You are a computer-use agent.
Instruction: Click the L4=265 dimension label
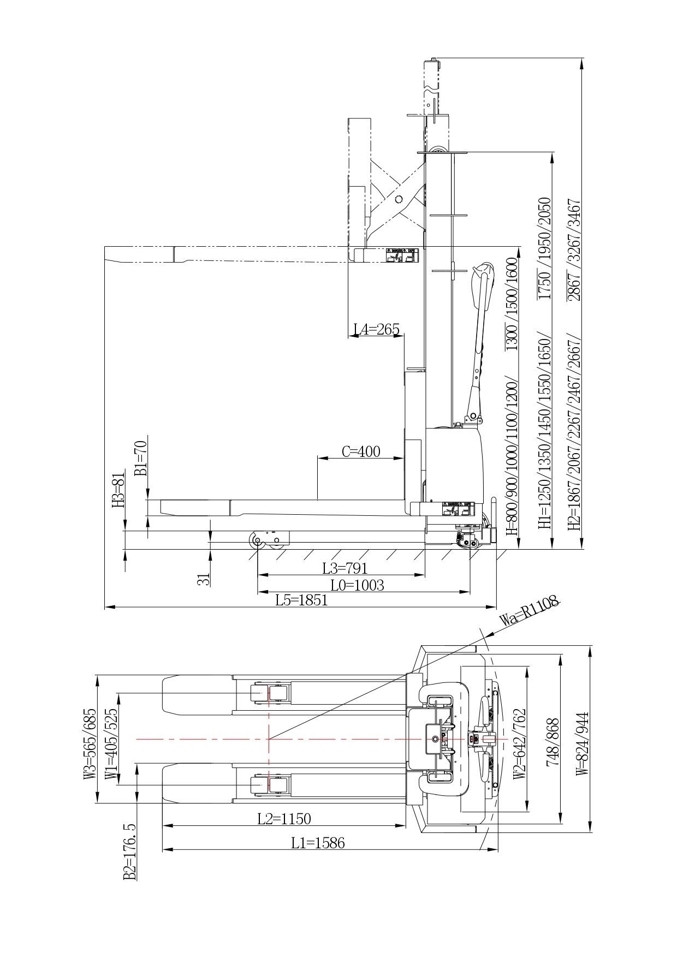pos(376,329)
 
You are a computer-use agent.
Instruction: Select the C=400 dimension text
pos(361,451)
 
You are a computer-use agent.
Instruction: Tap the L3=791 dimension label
pos(345,568)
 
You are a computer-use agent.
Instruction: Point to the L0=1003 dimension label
pos(357,585)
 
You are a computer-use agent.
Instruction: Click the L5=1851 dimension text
pos(301,600)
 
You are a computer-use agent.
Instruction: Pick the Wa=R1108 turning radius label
pos(530,611)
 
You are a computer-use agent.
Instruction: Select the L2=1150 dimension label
pos(284,818)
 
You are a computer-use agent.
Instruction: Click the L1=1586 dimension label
pos(318,843)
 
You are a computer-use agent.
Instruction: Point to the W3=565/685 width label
pos(90,743)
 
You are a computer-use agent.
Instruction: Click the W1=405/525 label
pos(111,743)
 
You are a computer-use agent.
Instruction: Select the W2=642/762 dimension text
pos(520,743)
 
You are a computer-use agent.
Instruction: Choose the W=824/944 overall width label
pos(583,743)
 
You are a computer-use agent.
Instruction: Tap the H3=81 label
pos(118,490)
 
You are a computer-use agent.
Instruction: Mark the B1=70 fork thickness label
pos(140,457)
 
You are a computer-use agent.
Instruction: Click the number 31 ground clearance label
pos(203,579)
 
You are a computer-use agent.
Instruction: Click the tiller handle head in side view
pos(484,270)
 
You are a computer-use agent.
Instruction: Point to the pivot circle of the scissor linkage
pos(399,199)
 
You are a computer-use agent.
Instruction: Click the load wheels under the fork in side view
pos(268,540)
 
